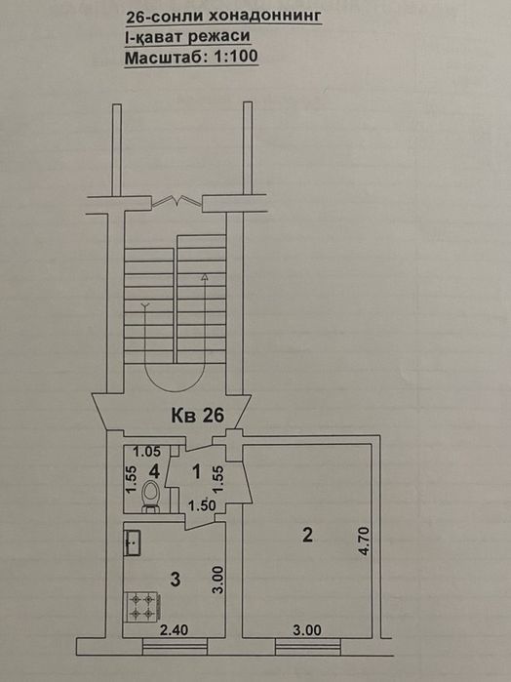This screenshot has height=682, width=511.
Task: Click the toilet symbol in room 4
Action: click(x=150, y=496)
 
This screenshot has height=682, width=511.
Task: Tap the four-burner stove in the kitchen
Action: click(x=142, y=606)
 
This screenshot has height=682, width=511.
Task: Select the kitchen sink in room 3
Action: click(x=133, y=542)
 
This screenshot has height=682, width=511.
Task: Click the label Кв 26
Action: click(x=197, y=416)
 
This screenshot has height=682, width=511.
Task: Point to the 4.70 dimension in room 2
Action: click(x=364, y=541)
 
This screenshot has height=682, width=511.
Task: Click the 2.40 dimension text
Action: click(x=174, y=629)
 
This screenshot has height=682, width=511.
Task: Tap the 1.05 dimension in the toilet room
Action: click(x=146, y=452)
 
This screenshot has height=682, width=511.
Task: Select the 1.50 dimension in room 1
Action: click(x=202, y=505)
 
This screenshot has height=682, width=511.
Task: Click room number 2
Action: click(x=307, y=535)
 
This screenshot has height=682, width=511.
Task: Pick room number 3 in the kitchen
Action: click(x=176, y=580)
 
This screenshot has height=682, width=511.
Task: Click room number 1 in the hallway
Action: click(x=197, y=471)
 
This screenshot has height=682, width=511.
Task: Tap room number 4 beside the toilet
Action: click(x=154, y=470)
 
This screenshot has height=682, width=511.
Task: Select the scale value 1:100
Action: click(x=235, y=57)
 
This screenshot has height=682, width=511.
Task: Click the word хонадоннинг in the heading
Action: click(x=265, y=17)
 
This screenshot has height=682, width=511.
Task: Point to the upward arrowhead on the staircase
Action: click(x=204, y=277)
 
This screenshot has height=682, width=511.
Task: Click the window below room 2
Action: click(x=308, y=646)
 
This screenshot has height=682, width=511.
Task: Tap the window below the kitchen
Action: click(x=175, y=646)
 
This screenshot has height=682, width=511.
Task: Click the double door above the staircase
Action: click(x=177, y=201)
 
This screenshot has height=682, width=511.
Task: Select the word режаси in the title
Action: click(x=219, y=36)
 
